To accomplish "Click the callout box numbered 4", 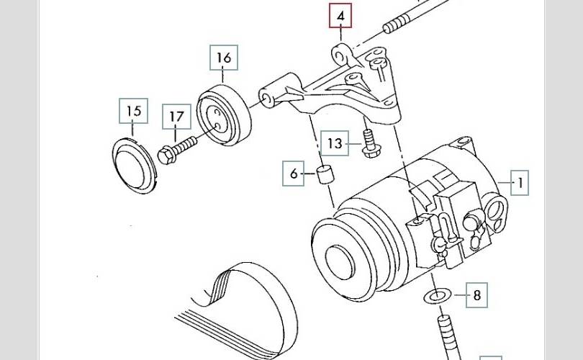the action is pos(340,16).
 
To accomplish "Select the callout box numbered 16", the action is pos(224,58).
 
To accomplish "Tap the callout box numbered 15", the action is pos(133,111).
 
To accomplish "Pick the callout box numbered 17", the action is pos(176,117).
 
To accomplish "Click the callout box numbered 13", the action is pos(335,143).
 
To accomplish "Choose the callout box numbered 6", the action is pos(294,174).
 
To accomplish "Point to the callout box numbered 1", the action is pos(520,183).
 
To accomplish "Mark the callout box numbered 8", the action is pos(476,295).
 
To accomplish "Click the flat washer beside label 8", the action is pos(438,296).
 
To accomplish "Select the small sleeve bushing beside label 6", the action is pos(325,174).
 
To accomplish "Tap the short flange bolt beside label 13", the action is pos(369,143).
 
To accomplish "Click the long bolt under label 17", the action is pos(177,150).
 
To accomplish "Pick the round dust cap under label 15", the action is pos(133,166).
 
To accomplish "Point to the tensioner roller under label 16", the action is pos(224,115).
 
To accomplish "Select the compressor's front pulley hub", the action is pos(339,261).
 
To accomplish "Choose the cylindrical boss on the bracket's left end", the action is pos(276,91).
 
